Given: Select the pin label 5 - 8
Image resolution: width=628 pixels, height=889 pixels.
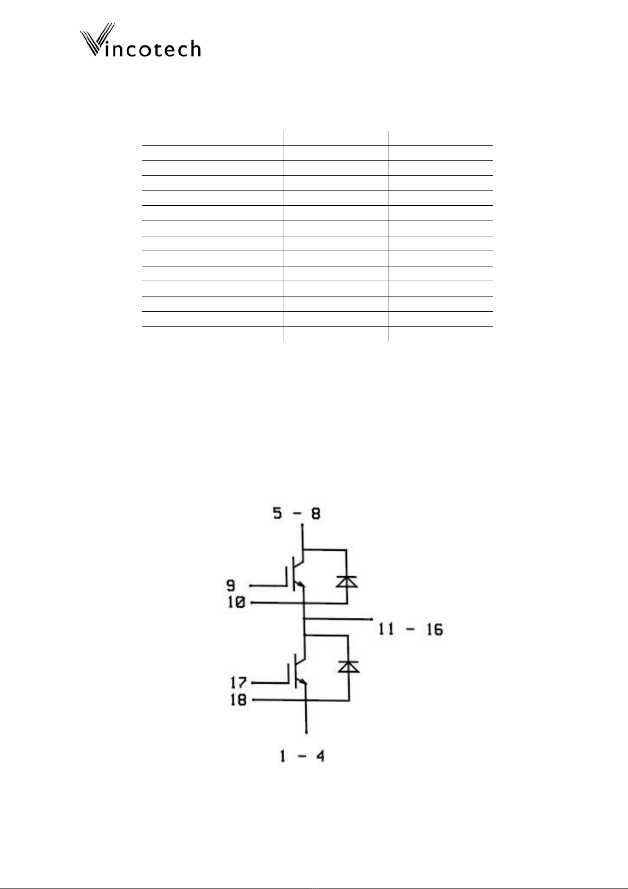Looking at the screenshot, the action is point(296,513).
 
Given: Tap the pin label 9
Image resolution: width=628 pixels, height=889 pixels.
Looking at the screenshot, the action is point(231,585).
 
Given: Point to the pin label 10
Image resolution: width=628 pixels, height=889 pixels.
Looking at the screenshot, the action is point(236,602).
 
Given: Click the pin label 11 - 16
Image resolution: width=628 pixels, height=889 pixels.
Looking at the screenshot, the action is point(411,629).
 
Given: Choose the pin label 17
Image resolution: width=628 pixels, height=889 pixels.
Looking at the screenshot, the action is point(238,683).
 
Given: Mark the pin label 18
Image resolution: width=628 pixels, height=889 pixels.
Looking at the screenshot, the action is point(238,700).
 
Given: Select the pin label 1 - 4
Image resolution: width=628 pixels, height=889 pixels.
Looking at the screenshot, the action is point(302,756).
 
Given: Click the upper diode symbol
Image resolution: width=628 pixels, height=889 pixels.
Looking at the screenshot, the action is point(347,581).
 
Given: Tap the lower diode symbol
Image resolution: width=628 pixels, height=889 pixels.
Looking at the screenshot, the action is point(348,666).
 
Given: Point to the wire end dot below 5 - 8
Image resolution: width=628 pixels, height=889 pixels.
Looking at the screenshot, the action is point(302,525).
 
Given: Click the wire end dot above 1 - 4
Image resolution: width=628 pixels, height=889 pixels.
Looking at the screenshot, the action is point(307,732).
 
